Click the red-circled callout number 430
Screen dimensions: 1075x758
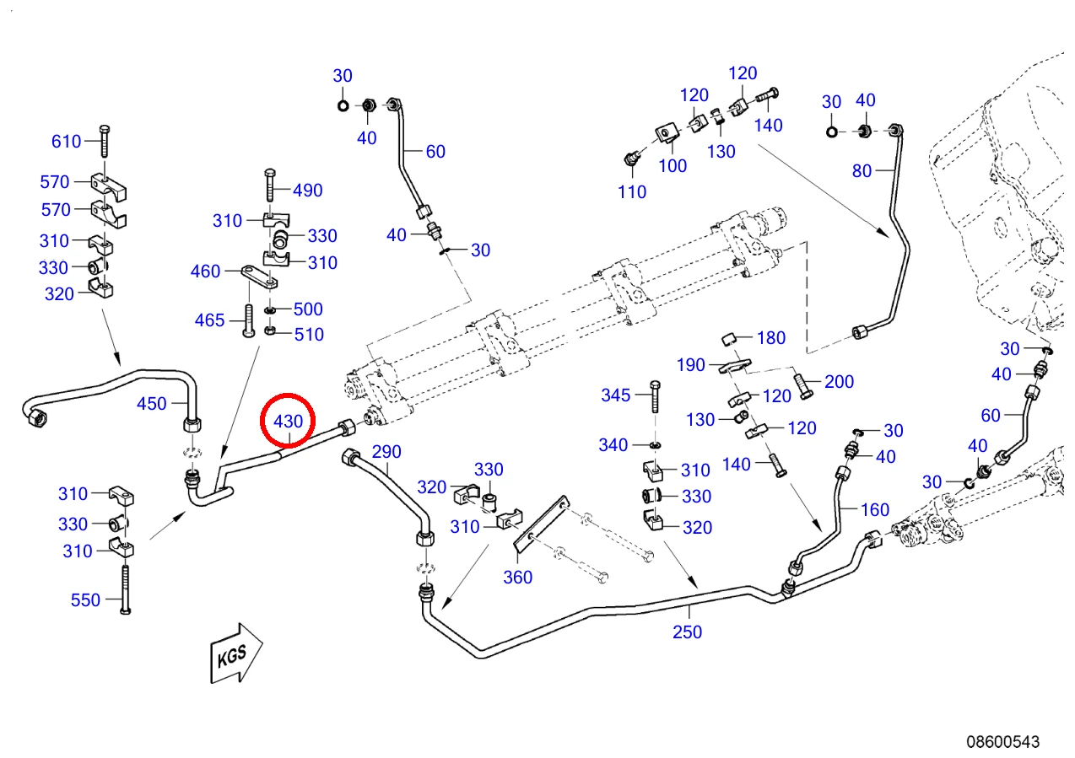(288, 422)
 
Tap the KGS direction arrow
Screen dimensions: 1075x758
(236, 653)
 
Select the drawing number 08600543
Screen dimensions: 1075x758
(1002, 742)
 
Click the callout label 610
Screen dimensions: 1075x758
(66, 142)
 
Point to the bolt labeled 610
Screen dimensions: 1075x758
(105, 142)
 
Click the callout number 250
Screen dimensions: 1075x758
(687, 632)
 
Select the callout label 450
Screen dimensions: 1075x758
(152, 404)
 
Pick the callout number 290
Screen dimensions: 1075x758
(386, 452)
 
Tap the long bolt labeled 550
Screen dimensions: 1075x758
(125, 589)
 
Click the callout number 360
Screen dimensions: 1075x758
(518, 578)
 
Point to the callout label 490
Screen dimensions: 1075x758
(308, 191)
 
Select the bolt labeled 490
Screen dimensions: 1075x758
(270, 185)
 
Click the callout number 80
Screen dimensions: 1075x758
(862, 170)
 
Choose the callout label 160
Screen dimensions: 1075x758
(875, 509)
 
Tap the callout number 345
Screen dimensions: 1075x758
(616, 395)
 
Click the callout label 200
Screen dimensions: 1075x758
(839, 382)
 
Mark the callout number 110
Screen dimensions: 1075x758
(631, 191)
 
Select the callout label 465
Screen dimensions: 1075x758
(210, 320)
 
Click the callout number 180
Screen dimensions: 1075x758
(771, 338)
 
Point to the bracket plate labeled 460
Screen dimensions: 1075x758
(260, 277)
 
